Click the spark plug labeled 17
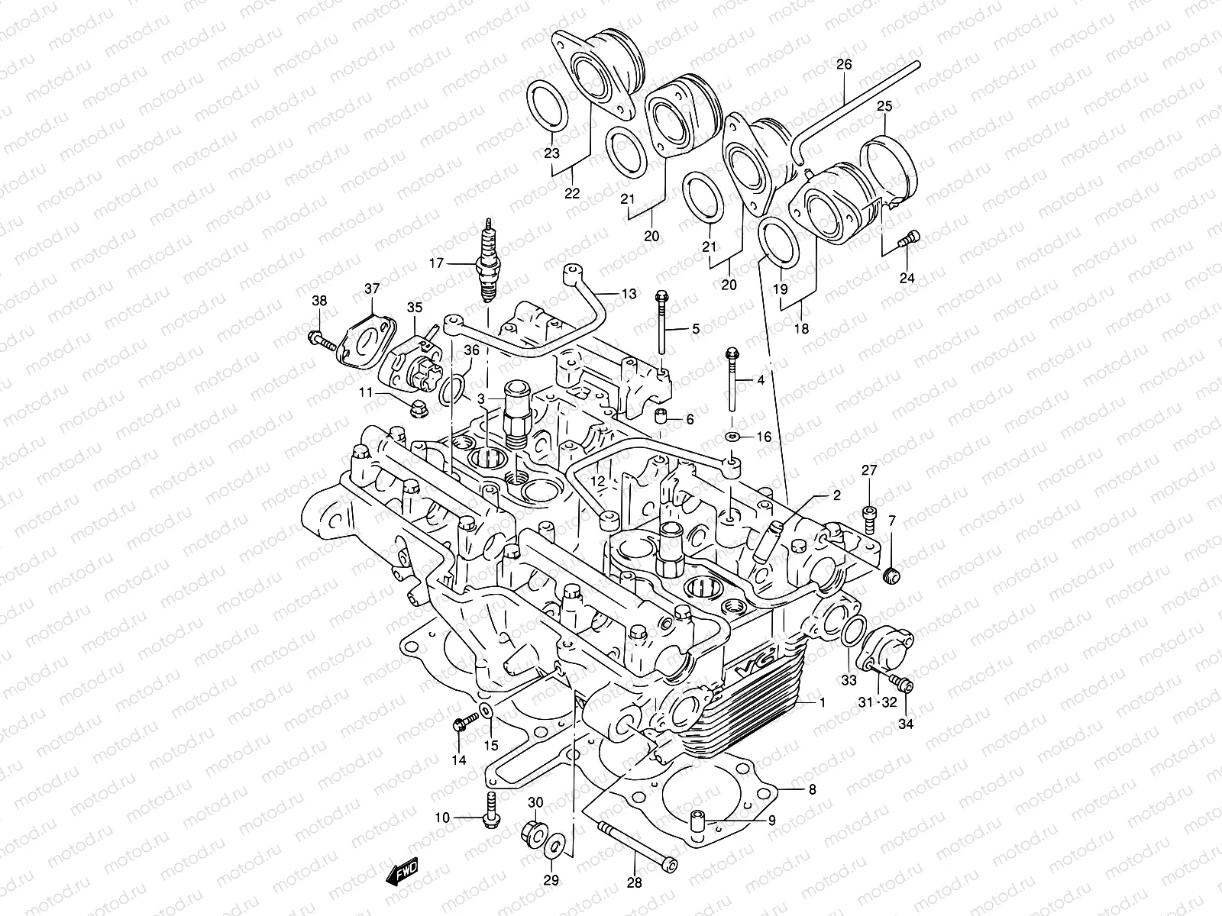[x=486, y=263]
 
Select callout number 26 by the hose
[x=843, y=64]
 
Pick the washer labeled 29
[x=556, y=844]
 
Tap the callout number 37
[x=371, y=289]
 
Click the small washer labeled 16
[x=732, y=436]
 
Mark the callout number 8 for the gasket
[x=812, y=789]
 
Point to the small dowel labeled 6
[x=662, y=417]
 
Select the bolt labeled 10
[x=490, y=804]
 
